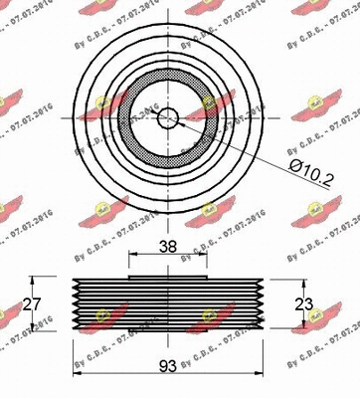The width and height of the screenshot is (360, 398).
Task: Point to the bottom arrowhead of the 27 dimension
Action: coord(37,328)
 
